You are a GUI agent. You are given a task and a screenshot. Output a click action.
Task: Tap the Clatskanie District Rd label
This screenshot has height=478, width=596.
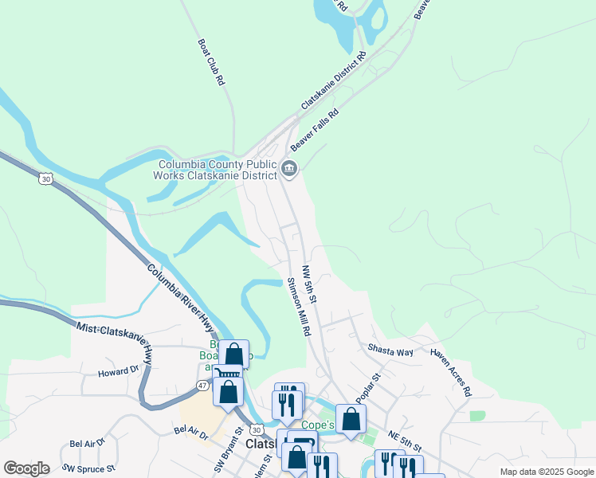click(x=333, y=81)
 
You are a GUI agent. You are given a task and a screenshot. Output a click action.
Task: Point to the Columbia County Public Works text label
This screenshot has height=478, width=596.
click(x=214, y=170)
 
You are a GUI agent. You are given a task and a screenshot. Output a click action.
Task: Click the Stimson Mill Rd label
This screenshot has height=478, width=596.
click(x=298, y=308)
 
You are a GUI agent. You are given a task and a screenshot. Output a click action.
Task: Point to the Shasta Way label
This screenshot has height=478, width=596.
click(x=390, y=350)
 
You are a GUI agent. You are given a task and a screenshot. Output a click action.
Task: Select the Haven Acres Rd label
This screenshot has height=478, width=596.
click(x=450, y=372)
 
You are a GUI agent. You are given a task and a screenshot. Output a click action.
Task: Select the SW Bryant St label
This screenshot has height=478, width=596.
click(x=227, y=455)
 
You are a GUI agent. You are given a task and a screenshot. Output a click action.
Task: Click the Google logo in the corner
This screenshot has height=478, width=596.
click(x=26, y=468)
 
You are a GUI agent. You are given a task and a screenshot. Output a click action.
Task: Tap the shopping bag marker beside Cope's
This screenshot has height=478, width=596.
click(x=350, y=419)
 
